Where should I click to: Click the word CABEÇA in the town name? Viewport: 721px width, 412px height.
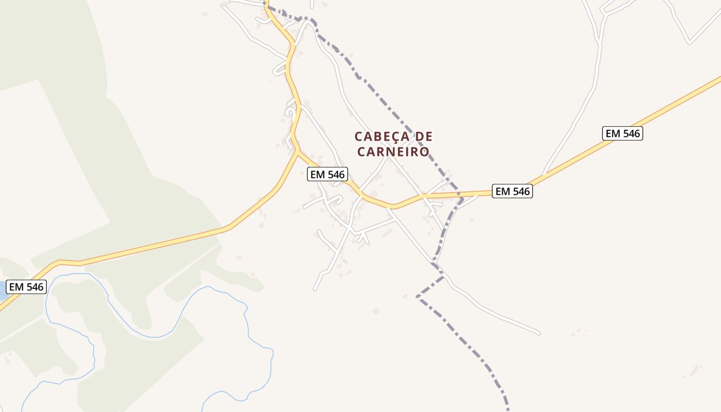(382, 136)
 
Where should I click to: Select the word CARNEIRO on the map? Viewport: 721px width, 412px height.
(393, 152)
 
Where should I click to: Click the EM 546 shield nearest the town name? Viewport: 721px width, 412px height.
(327, 175)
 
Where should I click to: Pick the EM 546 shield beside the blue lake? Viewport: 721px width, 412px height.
(26, 287)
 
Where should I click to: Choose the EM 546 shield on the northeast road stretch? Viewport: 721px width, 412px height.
(623, 133)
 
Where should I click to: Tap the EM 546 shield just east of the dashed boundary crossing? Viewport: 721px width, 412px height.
(512, 192)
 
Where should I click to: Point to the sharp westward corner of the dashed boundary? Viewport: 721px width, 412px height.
(418, 297)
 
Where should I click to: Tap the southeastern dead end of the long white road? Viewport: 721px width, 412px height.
(538, 333)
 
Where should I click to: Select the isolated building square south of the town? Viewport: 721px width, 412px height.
(375, 311)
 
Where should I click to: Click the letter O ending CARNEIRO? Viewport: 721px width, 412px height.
(424, 152)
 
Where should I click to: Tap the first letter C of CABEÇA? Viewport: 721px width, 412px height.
(359, 136)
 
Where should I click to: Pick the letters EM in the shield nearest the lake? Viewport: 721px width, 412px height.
(16, 287)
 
